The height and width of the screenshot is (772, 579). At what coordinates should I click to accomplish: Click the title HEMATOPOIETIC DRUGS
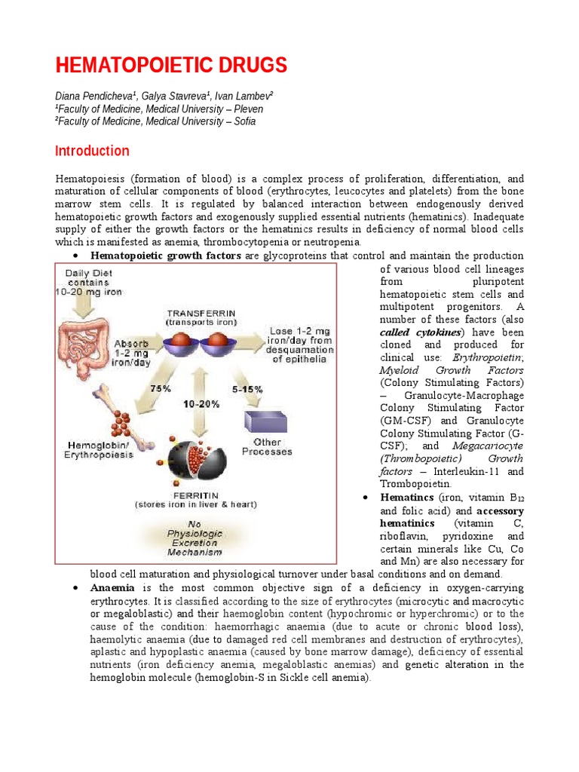(171, 66)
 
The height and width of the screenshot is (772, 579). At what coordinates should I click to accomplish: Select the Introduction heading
(92, 151)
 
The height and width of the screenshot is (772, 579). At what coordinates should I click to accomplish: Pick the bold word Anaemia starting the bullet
(112, 587)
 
